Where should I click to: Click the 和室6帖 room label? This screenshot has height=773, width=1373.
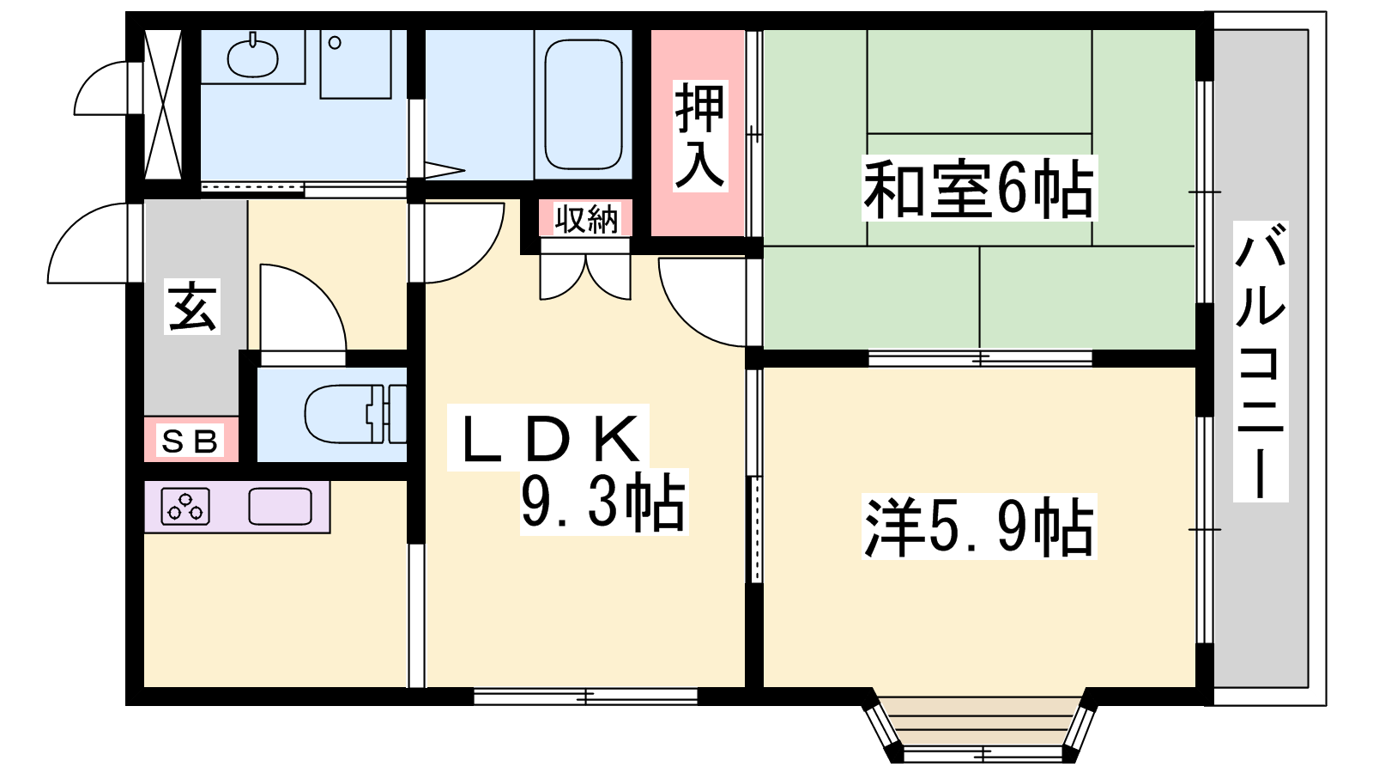pyautogui.click(x=979, y=188)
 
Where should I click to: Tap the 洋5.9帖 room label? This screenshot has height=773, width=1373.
pyautogui.click(x=979, y=526)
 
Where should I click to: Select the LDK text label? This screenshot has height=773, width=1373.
pyautogui.click(x=548, y=438)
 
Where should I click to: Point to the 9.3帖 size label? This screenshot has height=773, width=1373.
pyautogui.click(x=603, y=502)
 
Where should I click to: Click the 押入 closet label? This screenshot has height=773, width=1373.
pyautogui.click(x=699, y=136)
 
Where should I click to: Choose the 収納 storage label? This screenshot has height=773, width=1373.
pyautogui.click(x=586, y=218)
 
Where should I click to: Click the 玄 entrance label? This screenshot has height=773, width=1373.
pyautogui.click(x=192, y=306)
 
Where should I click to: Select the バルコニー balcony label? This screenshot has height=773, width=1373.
pyautogui.click(x=1260, y=361)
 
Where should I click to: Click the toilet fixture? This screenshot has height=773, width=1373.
pyautogui.click(x=355, y=413)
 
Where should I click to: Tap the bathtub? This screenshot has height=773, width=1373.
pyautogui.click(x=583, y=104)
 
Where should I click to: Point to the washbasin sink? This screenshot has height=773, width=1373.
pyautogui.click(x=252, y=57)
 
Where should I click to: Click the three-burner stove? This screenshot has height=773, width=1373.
pyautogui.click(x=185, y=506)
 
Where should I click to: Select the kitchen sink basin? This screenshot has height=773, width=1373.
pyautogui.click(x=280, y=506)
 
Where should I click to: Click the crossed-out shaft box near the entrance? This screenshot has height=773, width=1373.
pyautogui.click(x=163, y=104)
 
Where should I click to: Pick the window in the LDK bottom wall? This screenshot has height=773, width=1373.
pyautogui.click(x=585, y=697)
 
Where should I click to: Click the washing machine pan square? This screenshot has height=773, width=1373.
pyautogui.click(x=355, y=64)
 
